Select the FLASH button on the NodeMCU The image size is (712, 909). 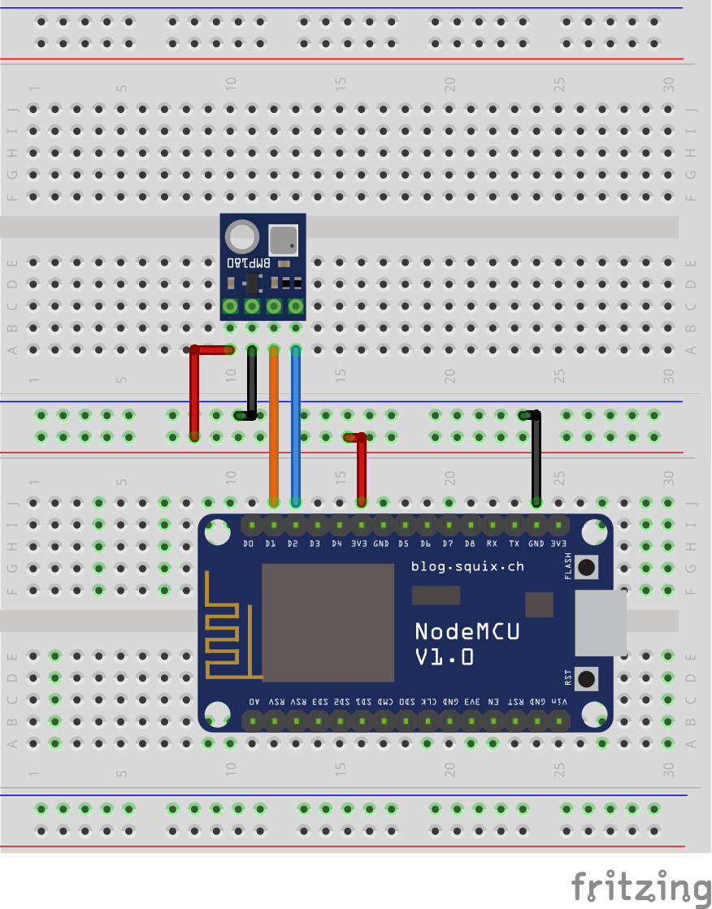pyautogui.click(x=586, y=566)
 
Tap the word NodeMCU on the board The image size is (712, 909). pyautogui.click(x=467, y=631)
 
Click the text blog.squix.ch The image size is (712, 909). pyautogui.click(x=467, y=566)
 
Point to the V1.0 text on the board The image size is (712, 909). pyautogui.click(x=444, y=657)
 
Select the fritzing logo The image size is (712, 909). pyautogui.click(x=639, y=885)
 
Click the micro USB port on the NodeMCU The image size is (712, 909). pyautogui.click(x=601, y=623)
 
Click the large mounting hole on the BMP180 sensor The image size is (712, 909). pyautogui.click(x=241, y=237)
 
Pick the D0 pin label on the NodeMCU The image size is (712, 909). pyautogui.click(x=250, y=543)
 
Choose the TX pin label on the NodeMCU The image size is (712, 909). pyautogui.click(x=514, y=543)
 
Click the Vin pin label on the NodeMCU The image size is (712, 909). pyautogui.click(x=559, y=701)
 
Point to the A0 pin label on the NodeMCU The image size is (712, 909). pyautogui.click(x=254, y=701)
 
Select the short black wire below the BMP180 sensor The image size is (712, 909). pyautogui.click(x=252, y=382)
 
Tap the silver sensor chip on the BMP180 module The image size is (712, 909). pyautogui.click(x=283, y=239)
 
